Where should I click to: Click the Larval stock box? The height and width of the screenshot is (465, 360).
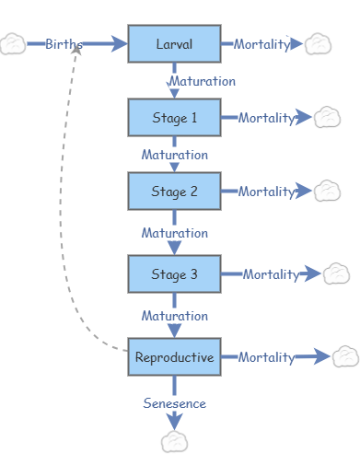pos(174,44)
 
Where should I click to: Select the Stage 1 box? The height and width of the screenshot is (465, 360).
pos(174,118)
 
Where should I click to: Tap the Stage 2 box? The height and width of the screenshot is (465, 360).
pos(174,192)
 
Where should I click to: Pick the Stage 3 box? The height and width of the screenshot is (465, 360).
pos(174,274)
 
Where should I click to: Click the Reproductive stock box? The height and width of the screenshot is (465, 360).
pos(174,357)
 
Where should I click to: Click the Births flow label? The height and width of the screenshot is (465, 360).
pos(64,44)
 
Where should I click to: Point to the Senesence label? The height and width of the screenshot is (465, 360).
pos(174,403)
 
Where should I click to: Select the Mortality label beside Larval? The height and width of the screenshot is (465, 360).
pos(261,44)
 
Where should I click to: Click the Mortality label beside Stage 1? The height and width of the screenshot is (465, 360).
pos(266,118)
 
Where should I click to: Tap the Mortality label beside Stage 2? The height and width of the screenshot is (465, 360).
pos(266,192)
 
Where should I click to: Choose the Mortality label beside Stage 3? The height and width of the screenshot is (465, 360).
pos(271,274)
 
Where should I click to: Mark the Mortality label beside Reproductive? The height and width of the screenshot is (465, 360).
pos(266,357)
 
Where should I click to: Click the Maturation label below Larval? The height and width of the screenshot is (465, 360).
pos(202,81)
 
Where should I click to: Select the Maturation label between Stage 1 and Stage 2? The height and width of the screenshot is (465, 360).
pos(174,155)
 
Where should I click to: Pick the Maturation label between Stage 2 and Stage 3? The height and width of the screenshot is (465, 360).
pos(174,233)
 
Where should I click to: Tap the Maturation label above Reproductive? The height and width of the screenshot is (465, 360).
pos(174,316)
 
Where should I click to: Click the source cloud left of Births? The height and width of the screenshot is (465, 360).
pos(13,44)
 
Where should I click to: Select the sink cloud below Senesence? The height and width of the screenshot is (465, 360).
pos(174,442)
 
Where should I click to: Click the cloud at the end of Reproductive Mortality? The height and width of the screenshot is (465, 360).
pos(345,356)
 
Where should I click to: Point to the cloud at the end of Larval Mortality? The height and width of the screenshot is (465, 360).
pos(318,43)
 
